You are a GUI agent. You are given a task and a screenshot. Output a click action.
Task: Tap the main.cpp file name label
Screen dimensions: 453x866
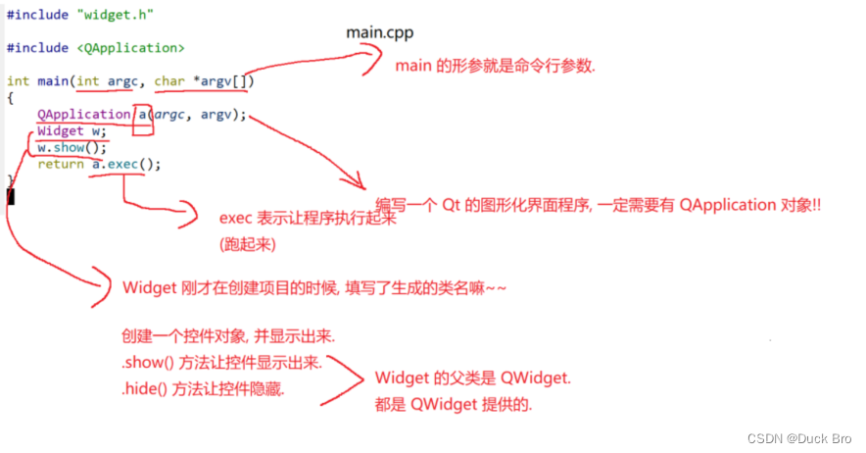[x=380, y=32]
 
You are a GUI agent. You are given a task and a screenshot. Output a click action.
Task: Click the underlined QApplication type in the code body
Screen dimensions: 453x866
[x=83, y=115]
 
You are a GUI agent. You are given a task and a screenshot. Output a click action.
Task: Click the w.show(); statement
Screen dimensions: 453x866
[x=72, y=148]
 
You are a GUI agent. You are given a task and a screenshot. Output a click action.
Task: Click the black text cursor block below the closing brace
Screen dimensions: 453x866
[x=11, y=196]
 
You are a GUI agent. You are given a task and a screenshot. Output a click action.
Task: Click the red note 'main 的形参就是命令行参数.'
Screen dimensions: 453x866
[x=495, y=67]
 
